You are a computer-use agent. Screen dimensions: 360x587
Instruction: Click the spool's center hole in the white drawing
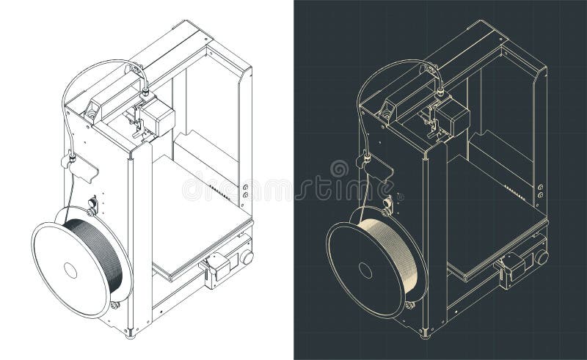[x=70, y=271]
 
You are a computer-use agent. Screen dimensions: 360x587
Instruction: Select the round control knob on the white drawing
[x=247, y=257]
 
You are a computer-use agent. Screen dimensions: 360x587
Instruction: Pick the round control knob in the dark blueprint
[x=542, y=257]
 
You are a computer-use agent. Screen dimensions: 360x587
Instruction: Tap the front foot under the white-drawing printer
[x=131, y=334]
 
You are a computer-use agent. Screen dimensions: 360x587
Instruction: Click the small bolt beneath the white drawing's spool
[x=115, y=304]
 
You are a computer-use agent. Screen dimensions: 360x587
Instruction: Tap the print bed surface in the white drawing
[x=198, y=220]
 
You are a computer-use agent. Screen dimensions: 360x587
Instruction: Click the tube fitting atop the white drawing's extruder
[x=145, y=92]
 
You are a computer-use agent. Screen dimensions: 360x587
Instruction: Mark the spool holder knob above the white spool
[x=92, y=204]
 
